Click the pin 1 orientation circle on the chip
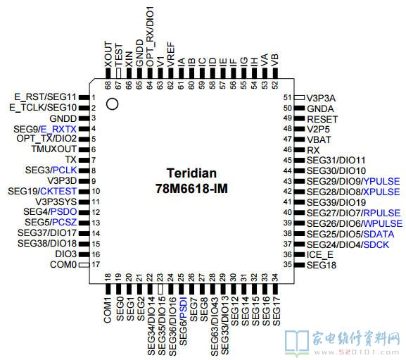pyautogui.click(x=112, y=104)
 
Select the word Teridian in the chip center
pyautogui.click(x=191, y=173)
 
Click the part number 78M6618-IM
pyautogui.click(x=191, y=188)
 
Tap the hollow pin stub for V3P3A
pyautogui.click(x=300, y=97)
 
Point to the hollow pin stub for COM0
pyautogui.click(x=84, y=265)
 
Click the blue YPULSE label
pyautogui.click(x=381, y=181)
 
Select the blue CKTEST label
pyautogui.click(x=58, y=192)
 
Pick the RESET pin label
pyautogui.click(x=322, y=119)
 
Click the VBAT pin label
pyautogui.click(x=319, y=139)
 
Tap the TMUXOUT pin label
pyautogui.click(x=54, y=149)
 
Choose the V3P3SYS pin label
pyautogui.click(x=56, y=201)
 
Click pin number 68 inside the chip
pyautogui.click(x=108, y=85)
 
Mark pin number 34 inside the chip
pyautogui.click(x=275, y=278)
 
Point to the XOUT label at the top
pyautogui.click(x=108, y=54)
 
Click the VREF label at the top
pyautogui.click(x=171, y=55)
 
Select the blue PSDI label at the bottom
pyautogui.click(x=183, y=308)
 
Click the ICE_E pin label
pyautogui.click(x=319, y=255)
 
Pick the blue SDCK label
pyautogui.click(x=376, y=244)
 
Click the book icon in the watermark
pyautogui.click(x=297, y=342)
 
